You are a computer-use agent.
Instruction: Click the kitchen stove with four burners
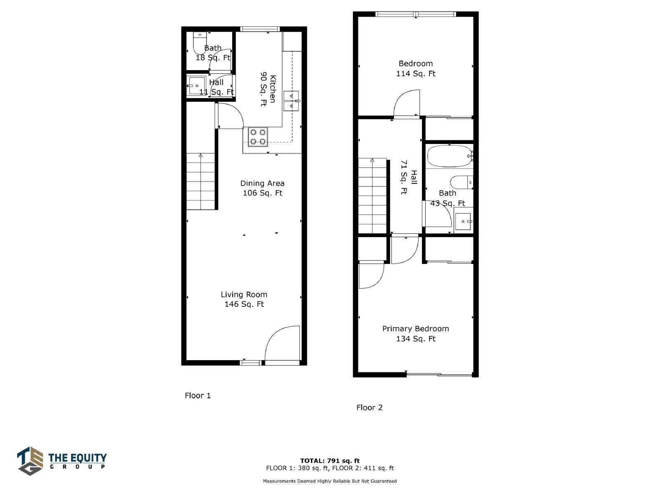[x=258, y=137]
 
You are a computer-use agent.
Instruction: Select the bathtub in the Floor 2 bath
[x=450, y=156]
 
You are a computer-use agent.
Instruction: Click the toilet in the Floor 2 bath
[x=461, y=182]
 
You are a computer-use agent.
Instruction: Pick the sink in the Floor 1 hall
[x=196, y=86]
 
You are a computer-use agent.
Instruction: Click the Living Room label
[x=244, y=295]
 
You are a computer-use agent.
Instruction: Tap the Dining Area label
[x=262, y=183]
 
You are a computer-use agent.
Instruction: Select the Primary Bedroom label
[x=415, y=329]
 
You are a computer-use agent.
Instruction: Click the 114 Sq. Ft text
[x=415, y=74]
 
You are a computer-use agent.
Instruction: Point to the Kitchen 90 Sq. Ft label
[x=268, y=89]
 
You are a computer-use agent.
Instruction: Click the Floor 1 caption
[x=198, y=396]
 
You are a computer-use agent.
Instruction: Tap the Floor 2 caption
[x=369, y=408]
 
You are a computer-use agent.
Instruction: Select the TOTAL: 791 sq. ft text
[x=330, y=461]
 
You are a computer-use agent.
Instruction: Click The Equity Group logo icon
[x=30, y=461]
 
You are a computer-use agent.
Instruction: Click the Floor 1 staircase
[x=200, y=181]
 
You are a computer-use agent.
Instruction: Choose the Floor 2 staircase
[x=372, y=196]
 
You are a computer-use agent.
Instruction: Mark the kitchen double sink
[x=291, y=101]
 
